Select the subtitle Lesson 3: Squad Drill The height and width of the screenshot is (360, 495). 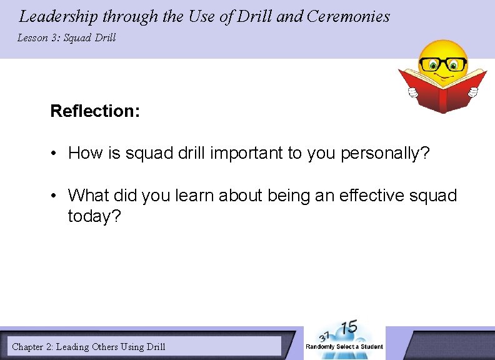66,38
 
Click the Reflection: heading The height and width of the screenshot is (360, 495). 95,111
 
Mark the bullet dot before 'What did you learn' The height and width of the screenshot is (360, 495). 56,196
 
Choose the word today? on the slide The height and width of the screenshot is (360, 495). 93,217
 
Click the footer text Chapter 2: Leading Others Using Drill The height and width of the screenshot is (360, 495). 89,346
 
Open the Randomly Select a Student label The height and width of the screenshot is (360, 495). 344,347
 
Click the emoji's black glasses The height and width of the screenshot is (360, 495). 443,64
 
